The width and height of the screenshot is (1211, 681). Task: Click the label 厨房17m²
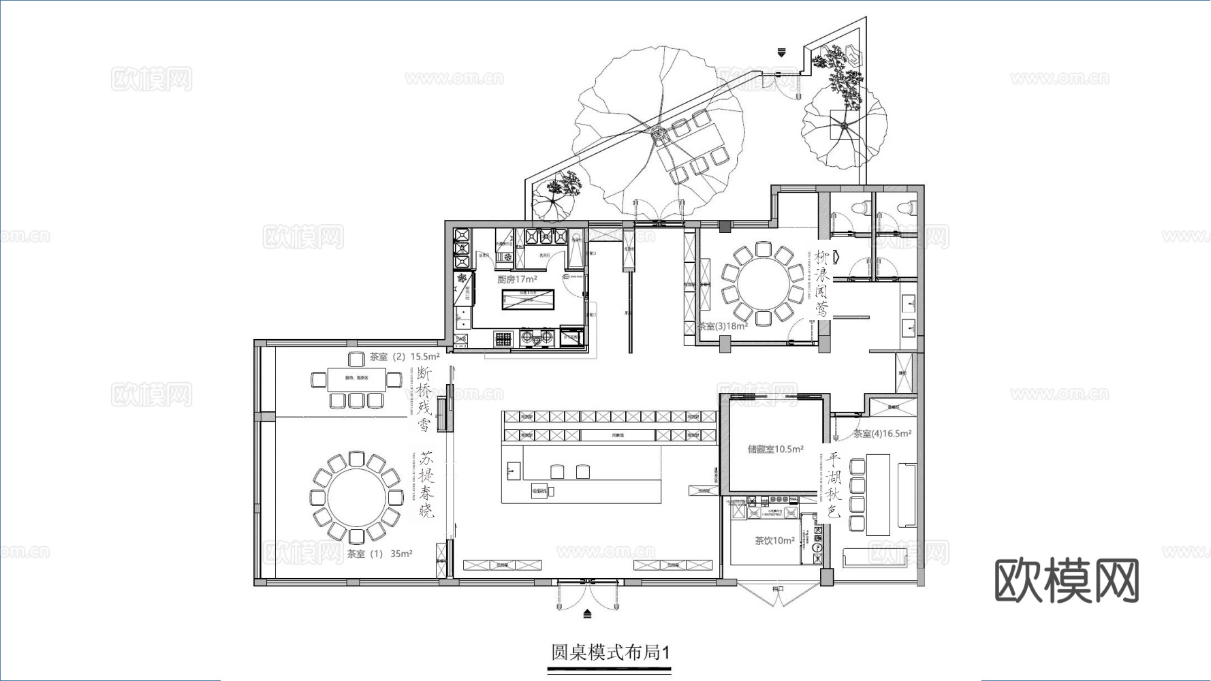click(x=517, y=279)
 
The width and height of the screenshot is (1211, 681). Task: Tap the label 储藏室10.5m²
click(x=775, y=449)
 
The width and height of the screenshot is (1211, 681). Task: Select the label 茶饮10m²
click(x=774, y=541)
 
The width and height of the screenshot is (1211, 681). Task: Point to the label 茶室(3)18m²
click(x=722, y=326)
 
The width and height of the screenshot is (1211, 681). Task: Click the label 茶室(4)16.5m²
click(x=882, y=433)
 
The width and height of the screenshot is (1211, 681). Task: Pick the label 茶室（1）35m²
click(x=379, y=554)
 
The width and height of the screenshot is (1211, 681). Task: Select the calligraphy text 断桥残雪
click(x=424, y=400)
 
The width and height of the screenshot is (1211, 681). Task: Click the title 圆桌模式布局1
click(x=610, y=652)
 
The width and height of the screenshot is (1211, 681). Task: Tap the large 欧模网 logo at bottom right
click(x=1067, y=581)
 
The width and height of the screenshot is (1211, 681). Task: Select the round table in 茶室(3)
click(x=762, y=283)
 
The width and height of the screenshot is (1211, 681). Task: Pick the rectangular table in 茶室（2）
click(x=356, y=379)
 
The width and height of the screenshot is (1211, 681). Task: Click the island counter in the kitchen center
click(x=528, y=299)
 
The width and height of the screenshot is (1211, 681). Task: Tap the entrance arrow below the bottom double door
click(x=588, y=614)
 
